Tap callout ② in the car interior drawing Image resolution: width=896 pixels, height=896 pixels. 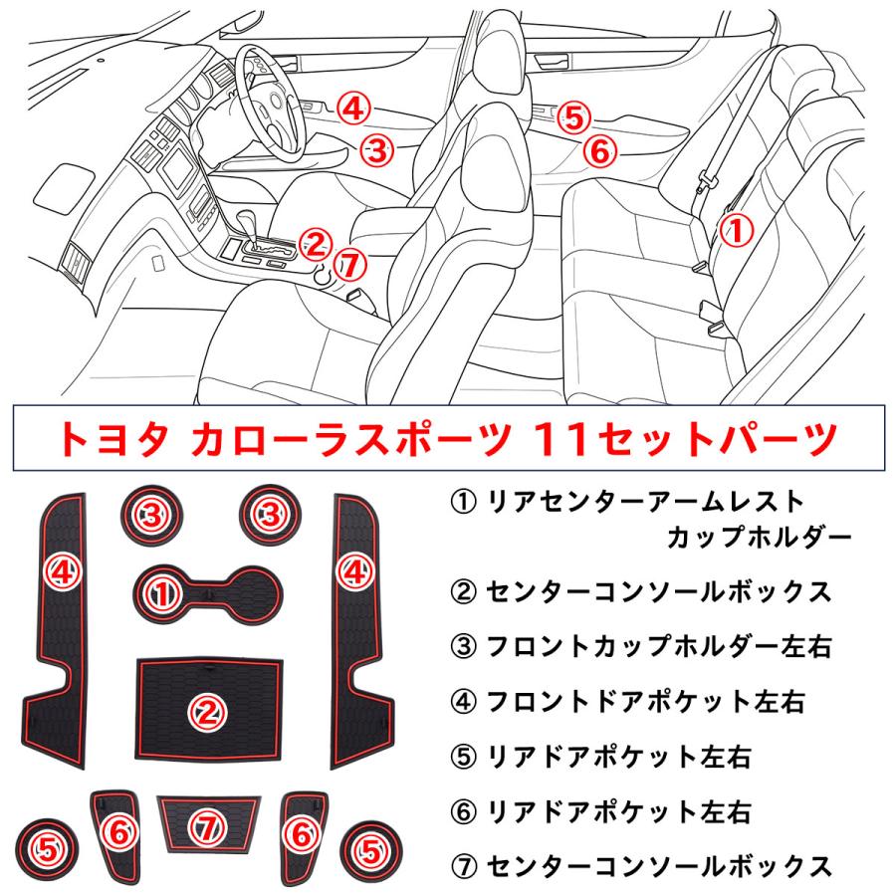314,242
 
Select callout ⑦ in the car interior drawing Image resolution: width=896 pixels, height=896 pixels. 347,264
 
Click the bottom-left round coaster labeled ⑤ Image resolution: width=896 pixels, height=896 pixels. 48,847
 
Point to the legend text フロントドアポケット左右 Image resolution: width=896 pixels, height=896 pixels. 644,703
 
